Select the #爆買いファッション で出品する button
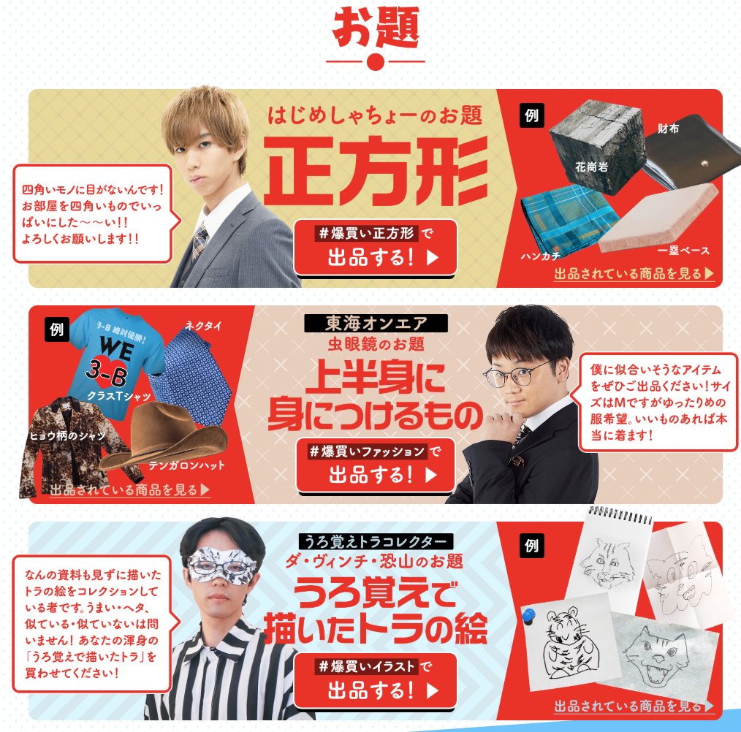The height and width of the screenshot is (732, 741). pos(375,464)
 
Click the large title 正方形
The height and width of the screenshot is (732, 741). pos(376,169)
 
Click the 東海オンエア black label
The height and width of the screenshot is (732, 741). pos(376,323)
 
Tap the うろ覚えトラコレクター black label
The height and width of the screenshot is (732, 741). pos(376,542)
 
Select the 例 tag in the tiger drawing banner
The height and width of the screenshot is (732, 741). pos(531,546)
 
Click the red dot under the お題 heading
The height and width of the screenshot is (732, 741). pos(376,62)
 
